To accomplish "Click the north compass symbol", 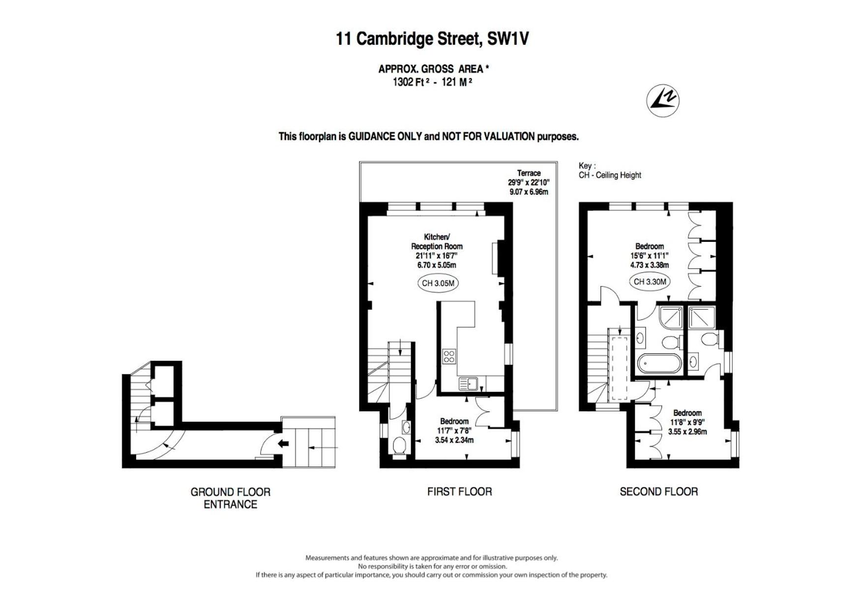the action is click(663, 100).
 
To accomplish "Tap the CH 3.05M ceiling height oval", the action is click(438, 283).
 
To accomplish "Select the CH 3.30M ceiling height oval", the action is click(650, 282).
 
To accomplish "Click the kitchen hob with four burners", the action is click(449, 356).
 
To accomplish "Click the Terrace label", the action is click(529, 173).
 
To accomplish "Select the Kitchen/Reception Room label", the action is click(437, 241).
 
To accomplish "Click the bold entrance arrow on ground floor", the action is click(283, 444).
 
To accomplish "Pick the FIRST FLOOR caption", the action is click(459, 492).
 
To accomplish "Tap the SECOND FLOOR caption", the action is click(658, 492).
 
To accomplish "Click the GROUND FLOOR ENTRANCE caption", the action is click(231, 498).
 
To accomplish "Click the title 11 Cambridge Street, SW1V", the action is click(432, 38).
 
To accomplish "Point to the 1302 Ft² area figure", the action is click(409, 82).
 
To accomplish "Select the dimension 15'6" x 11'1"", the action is click(650, 256).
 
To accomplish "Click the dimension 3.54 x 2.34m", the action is click(454, 440).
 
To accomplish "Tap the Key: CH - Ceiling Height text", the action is click(610, 171).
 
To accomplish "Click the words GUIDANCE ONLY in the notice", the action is click(385, 137).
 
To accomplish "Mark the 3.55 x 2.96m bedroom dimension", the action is click(687, 432).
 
